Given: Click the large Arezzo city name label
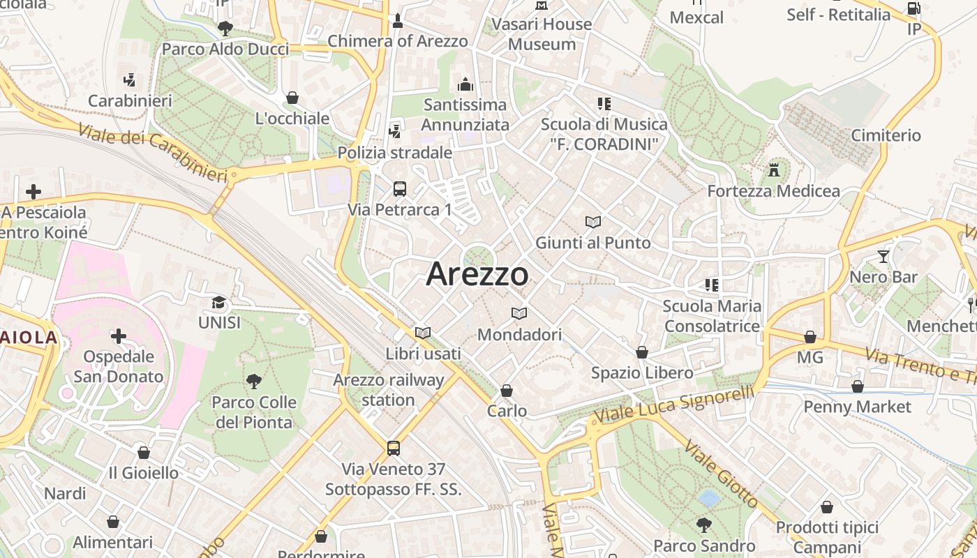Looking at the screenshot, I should (x=477, y=274).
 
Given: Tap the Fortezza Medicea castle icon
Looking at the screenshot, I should (x=773, y=169).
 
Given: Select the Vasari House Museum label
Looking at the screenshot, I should (x=542, y=34).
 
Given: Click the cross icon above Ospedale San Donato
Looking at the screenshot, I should (x=119, y=336).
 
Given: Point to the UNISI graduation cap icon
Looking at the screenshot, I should (x=219, y=302).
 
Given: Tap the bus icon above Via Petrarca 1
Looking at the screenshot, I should (x=400, y=188).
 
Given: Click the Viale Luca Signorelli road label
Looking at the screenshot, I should (x=673, y=405).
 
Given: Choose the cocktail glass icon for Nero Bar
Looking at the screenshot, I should (x=883, y=256).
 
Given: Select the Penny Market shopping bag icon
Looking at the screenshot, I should (x=858, y=386).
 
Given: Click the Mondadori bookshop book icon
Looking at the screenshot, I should (x=519, y=313).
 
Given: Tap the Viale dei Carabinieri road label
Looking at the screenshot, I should (x=153, y=153).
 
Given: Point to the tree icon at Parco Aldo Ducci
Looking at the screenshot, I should (x=225, y=28).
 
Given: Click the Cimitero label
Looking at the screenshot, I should (x=886, y=135).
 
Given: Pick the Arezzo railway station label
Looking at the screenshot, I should (x=389, y=390).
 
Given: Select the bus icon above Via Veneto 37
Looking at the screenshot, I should (x=394, y=448).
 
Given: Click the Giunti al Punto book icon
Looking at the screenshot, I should (x=593, y=222).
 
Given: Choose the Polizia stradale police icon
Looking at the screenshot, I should (x=395, y=130).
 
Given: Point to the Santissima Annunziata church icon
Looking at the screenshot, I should (x=465, y=84).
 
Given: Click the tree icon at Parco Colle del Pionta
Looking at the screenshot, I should (x=254, y=381).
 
